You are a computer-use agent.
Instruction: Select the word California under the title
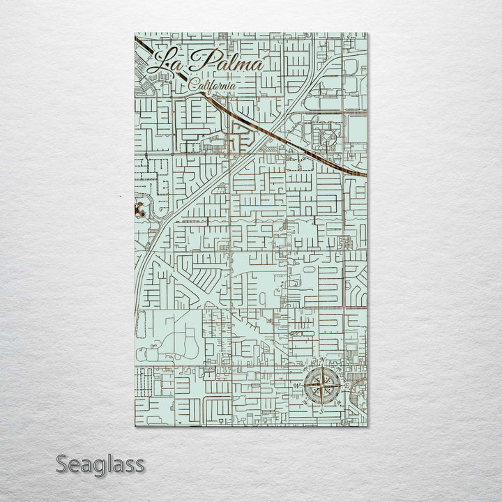click(213, 85)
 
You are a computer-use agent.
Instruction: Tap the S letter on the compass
click(322, 411)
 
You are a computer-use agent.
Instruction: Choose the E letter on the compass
click(347, 384)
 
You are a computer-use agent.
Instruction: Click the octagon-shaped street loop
click(326, 138)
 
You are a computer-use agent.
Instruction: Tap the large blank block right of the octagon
click(356, 129)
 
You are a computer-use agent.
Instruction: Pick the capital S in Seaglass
click(61, 464)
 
